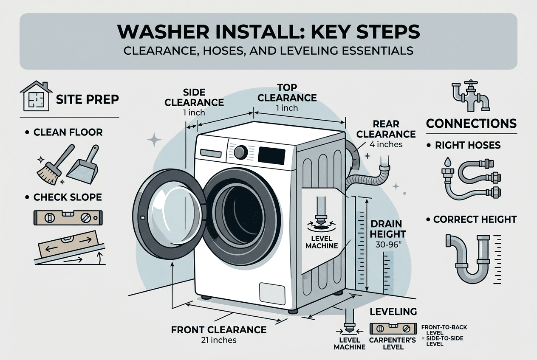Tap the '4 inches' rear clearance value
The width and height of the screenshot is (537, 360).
tap(385, 144)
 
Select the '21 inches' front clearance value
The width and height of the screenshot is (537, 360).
tap(219, 340)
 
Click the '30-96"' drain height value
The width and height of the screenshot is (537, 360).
tap(388, 245)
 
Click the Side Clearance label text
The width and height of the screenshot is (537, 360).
tap(194, 97)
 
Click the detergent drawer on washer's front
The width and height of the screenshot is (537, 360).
tap(211, 153)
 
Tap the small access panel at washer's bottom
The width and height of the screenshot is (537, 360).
tap(272, 292)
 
